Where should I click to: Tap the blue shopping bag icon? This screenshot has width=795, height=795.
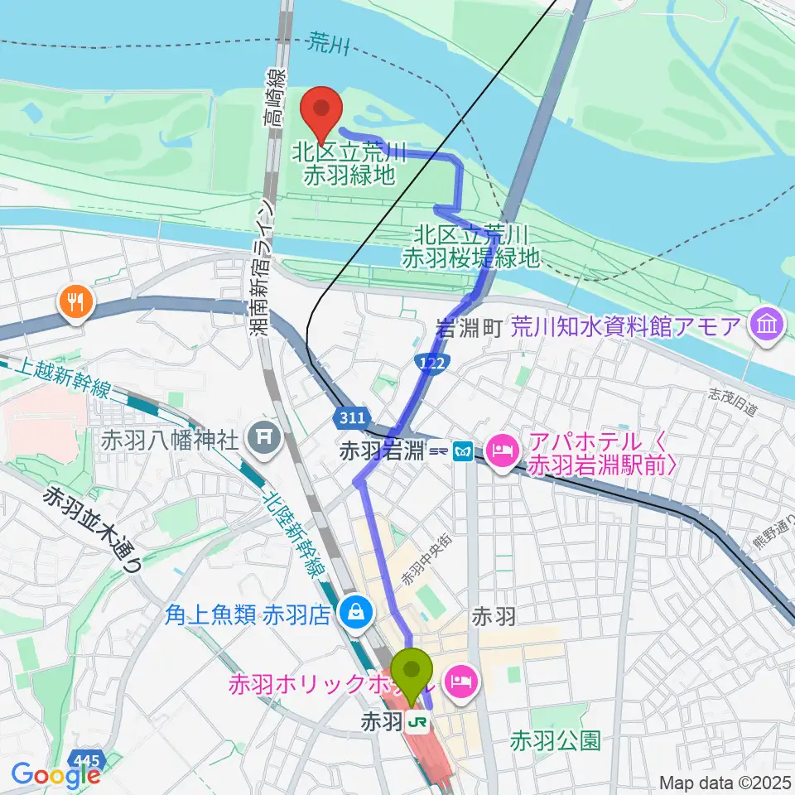[355, 613]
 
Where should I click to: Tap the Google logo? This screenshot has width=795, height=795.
[55, 775]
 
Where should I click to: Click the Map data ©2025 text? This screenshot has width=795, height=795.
[725, 781]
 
